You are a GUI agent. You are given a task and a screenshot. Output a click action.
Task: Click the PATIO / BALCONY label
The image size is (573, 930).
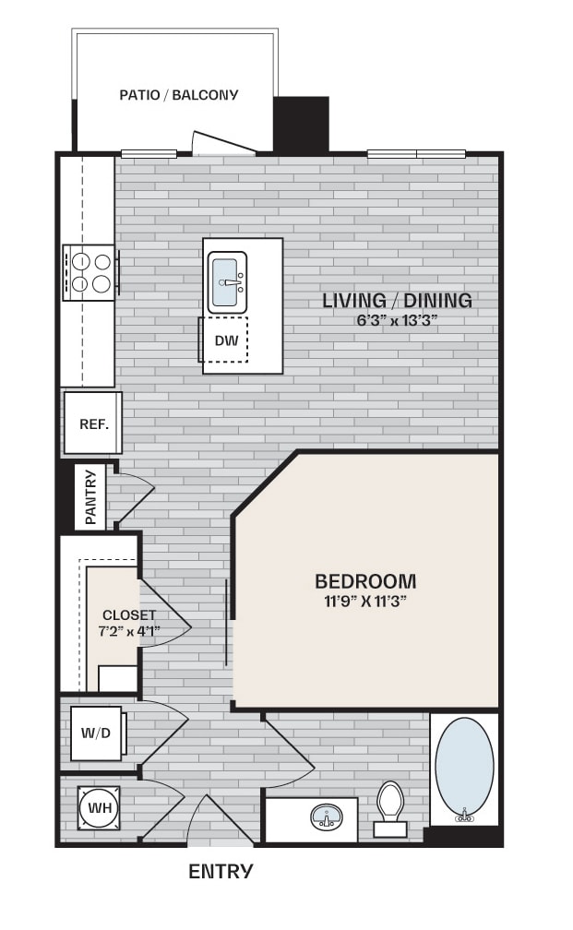(179, 94)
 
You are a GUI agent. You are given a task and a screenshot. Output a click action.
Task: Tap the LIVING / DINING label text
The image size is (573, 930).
(397, 300)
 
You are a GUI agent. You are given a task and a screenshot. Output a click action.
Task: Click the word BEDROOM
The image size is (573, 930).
(365, 581)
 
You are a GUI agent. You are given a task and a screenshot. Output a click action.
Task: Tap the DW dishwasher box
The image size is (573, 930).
(225, 340)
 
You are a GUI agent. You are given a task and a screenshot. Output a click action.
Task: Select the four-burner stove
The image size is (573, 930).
(89, 272)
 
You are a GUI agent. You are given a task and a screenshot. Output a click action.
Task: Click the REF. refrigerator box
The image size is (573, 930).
(93, 423)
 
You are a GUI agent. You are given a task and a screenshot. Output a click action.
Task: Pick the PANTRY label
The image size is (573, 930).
(90, 497)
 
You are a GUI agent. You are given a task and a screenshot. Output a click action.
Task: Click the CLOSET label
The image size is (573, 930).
(129, 615)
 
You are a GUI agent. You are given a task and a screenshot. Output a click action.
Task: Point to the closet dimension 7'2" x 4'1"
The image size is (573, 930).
(129, 631)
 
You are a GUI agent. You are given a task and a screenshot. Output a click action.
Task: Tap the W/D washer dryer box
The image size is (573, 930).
(96, 734)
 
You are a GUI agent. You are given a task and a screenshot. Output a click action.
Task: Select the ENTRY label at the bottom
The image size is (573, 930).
(221, 871)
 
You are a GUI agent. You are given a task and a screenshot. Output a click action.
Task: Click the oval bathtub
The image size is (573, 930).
(463, 769)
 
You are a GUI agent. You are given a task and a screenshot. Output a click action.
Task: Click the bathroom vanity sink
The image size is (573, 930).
(325, 817)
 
